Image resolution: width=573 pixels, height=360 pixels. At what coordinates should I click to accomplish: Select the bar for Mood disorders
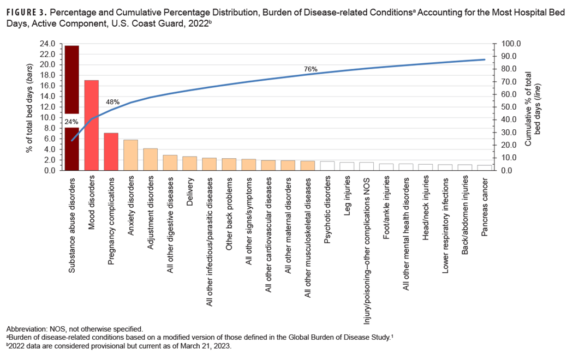point(91,125)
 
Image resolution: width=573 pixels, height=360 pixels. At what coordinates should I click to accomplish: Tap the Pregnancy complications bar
point(111,152)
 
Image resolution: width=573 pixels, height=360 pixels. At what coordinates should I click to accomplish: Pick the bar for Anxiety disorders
point(130,155)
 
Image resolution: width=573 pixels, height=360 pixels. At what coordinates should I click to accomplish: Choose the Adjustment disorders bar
point(150,159)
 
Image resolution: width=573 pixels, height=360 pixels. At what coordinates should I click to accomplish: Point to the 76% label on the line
point(311,69)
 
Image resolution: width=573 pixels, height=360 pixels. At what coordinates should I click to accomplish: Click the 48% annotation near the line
point(113,102)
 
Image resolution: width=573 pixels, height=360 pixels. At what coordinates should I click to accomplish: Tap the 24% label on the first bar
point(71,122)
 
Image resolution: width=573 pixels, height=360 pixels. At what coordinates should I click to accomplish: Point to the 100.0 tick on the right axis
point(511,44)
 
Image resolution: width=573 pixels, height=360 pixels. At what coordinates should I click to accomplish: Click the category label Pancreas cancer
point(485,205)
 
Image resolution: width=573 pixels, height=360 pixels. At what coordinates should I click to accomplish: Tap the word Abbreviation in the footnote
point(25,329)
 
